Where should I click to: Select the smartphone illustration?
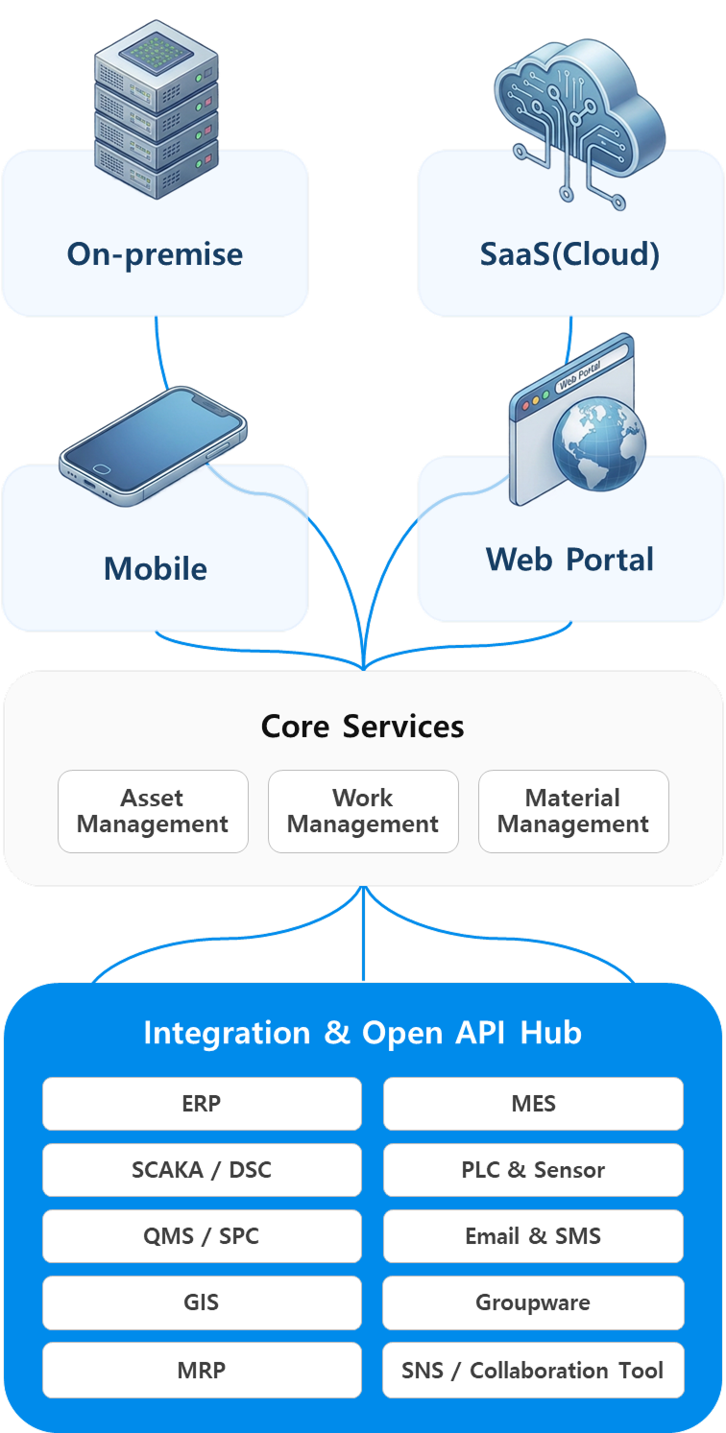(153, 446)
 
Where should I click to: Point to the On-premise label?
(155, 254)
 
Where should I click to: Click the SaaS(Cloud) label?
(570, 254)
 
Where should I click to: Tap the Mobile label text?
(156, 568)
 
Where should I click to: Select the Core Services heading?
(363, 726)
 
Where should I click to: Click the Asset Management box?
(153, 811)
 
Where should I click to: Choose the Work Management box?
(363, 811)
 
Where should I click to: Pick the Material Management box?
(573, 811)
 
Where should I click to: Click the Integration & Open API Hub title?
(363, 1033)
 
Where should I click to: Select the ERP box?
(202, 1104)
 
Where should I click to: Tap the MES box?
(533, 1104)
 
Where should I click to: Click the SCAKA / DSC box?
(202, 1170)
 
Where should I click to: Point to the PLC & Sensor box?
(533, 1170)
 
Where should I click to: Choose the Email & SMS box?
(533, 1236)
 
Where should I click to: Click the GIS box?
(202, 1302)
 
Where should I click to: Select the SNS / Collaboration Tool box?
(533, 1370)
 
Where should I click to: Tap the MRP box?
(202, 1370)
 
